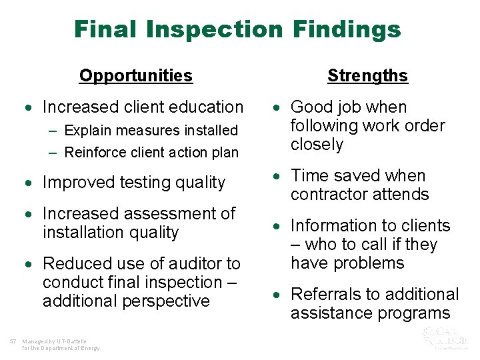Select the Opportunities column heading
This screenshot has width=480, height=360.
coord(135,75)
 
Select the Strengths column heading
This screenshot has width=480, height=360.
coord(367,75)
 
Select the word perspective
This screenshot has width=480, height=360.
coord(167,301)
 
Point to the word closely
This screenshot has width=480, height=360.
coord(317,144)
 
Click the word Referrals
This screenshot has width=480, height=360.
coord(323,294)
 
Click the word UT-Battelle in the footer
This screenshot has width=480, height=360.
coord(67,342)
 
